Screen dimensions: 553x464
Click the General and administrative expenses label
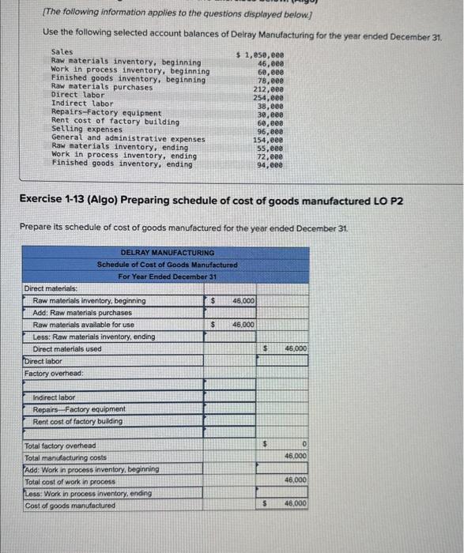(x=127, y=138)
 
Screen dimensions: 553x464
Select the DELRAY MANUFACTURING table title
(x=167, y=253)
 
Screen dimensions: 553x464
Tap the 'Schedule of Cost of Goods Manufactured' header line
(x=167, y=265)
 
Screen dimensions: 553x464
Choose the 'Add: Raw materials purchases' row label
(x=82, y=313)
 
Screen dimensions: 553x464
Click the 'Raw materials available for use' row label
(x=83, y=325)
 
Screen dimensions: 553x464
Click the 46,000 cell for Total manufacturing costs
(x=295, y=457)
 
